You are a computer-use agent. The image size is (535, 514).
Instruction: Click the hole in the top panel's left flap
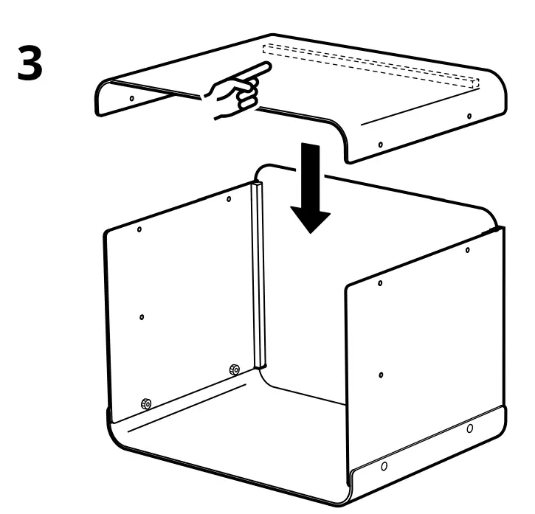(x=131, y=97)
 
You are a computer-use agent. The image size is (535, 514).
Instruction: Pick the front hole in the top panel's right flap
(x=380, y=144)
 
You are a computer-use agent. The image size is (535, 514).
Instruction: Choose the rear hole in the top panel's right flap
(x=469, y=117)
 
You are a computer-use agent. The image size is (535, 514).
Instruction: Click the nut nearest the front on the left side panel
(x=146, y=403)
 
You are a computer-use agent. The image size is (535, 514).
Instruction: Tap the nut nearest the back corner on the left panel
(x=234, y=369)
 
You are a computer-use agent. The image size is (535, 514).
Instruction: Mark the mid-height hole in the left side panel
(x=142, y=317)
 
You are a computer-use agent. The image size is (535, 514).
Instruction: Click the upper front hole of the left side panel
(x=139, y=230)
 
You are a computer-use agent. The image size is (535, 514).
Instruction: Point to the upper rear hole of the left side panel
(x=229, y=198)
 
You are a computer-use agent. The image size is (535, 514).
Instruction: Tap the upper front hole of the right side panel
(x=380, y=283)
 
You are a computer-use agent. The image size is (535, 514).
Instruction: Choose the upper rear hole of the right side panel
(x=468, y=251)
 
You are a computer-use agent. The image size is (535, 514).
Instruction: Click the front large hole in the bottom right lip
(x=383, y=466)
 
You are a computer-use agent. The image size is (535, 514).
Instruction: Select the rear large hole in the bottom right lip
(x=470, y=428)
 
